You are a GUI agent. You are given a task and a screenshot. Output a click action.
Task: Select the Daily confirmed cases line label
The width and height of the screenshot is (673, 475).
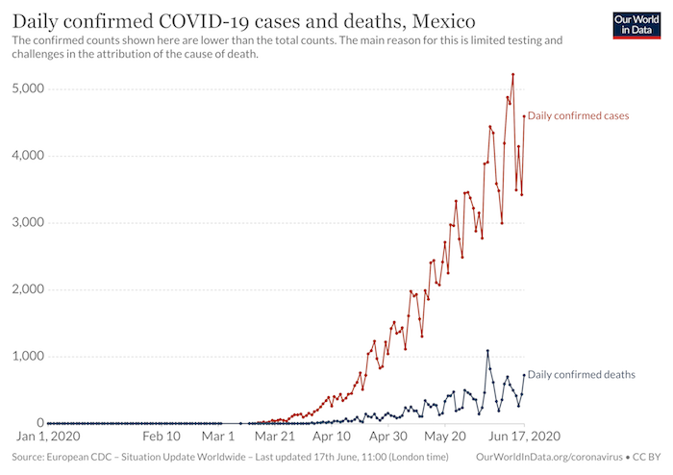[578, 115]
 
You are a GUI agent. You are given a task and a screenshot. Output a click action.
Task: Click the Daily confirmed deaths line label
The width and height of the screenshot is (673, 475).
[581, 374]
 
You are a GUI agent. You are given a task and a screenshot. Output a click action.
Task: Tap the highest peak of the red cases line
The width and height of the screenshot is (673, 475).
[513, 74]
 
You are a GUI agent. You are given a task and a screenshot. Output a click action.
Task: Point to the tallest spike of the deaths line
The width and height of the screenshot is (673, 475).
[487, 351]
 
